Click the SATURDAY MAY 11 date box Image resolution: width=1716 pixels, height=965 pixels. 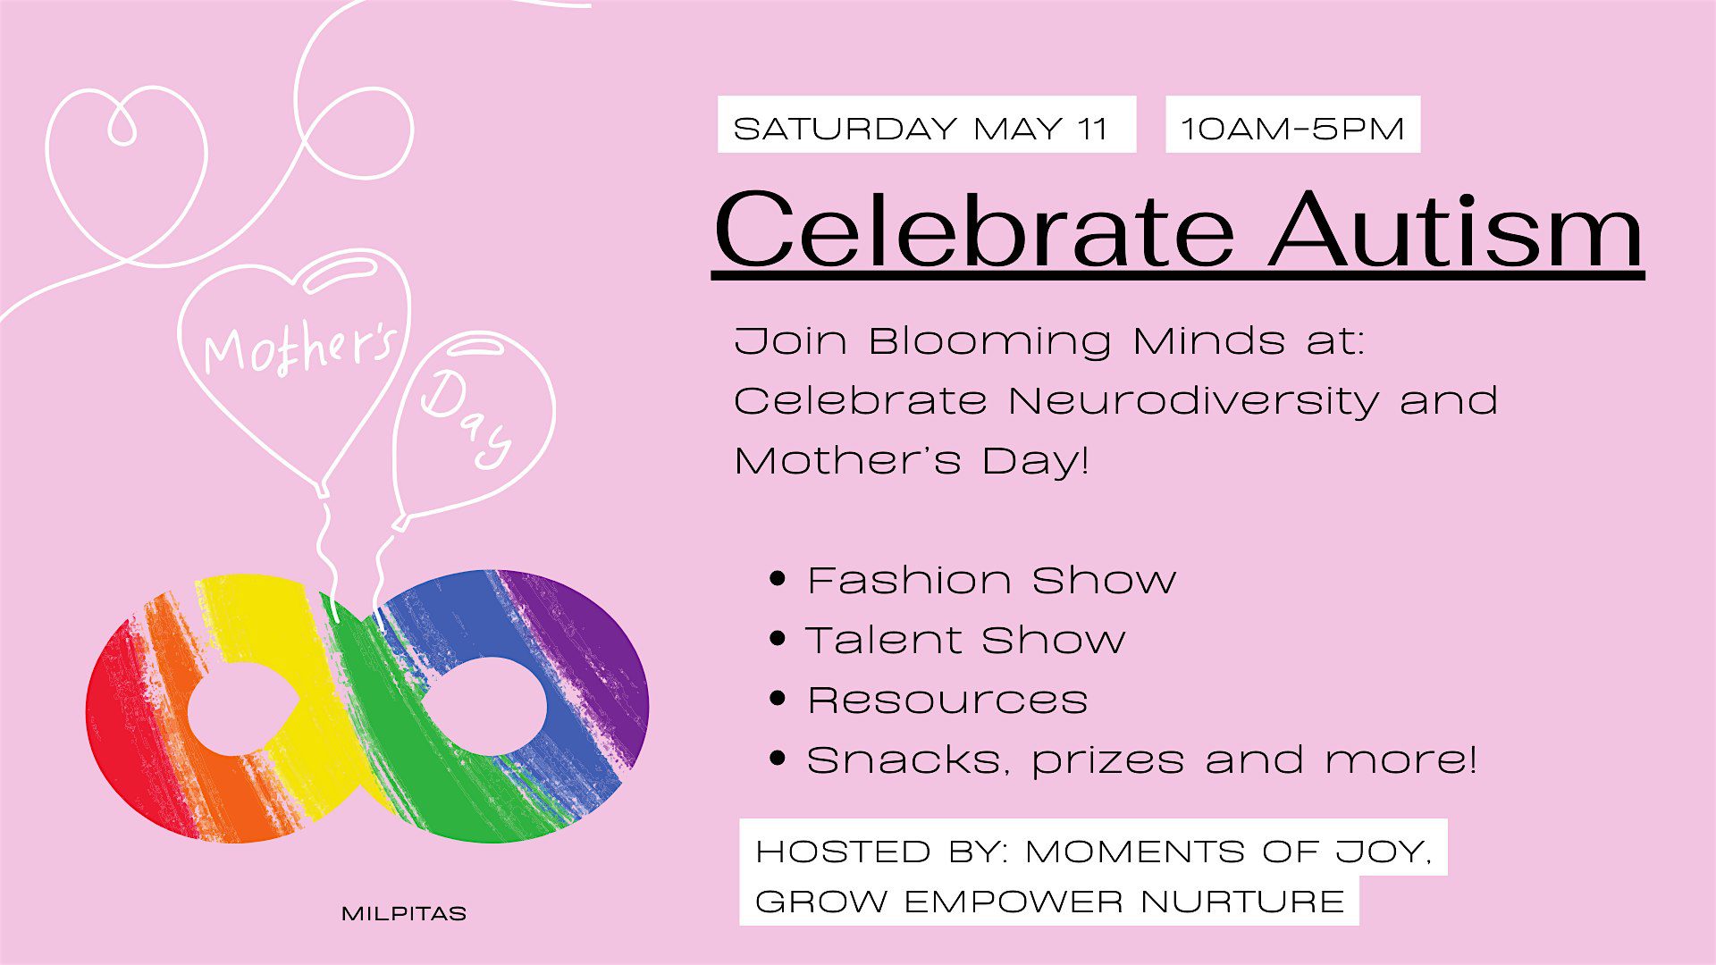point(927,124)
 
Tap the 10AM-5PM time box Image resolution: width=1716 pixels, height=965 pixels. point(1292,124)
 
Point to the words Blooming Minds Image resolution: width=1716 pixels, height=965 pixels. point(1077,341)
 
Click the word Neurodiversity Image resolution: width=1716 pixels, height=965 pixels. point(1194,400)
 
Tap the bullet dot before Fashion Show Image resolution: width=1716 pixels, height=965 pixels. point(778,579)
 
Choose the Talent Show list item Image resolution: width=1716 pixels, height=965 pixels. point(965,640)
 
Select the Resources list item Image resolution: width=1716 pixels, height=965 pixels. point(947,700)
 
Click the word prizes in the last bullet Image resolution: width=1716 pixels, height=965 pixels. point(1108,760)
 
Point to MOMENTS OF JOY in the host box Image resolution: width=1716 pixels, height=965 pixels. point(1228,852)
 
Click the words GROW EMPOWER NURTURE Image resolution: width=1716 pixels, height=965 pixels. point(1050,902)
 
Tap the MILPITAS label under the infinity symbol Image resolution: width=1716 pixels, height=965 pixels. point(404,914)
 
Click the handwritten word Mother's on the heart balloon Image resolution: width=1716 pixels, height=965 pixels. point(299,348)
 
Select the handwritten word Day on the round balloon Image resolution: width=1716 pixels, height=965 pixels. point(467,416)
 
